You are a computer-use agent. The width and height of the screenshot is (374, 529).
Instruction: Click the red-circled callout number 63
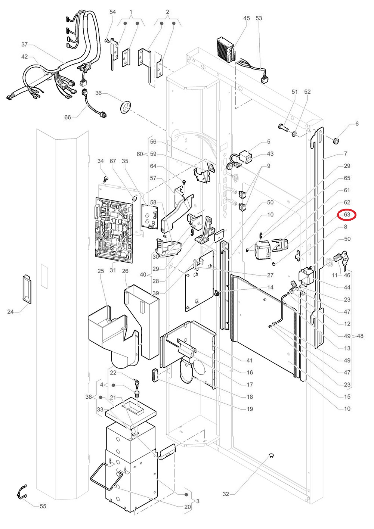pyautogui.click(x=347, y=215)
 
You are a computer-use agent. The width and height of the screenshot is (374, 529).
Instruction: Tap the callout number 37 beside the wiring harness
pyautogui.click(x=25, y=44)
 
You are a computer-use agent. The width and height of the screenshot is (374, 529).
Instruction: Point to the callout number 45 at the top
pyautogui.click(x=246, y=18)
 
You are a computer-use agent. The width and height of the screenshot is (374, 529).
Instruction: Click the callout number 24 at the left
pyautogui.click(x=10, y=312)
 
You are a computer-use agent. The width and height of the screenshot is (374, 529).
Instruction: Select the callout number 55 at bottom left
pyautogui.click(x=43, y=506)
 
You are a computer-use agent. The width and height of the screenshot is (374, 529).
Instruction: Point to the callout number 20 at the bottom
pyautogui.click(x=188, y=507)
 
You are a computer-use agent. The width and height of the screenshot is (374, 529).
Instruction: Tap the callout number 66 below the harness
pyautogui.click(x=67, y=117)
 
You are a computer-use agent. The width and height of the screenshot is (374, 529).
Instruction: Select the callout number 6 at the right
pyautogui.click(x=357, y=124)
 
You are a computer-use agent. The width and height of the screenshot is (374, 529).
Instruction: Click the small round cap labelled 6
pyautogui.click(x=336, y=140)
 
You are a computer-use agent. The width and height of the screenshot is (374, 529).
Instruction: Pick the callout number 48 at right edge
pyautogui.click(x=360, y=336)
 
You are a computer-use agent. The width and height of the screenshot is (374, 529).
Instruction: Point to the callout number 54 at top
pyautogui.click(x=112, y=12)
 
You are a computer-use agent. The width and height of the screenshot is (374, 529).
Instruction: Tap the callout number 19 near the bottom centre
pyautogui.click(x=250, y=409)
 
